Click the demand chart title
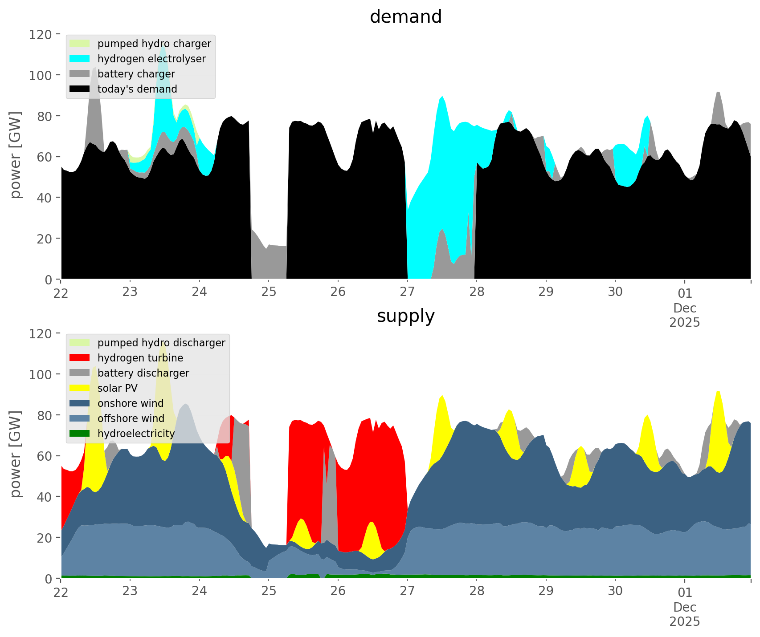[x=405, y=17]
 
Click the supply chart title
[x=405, y=316]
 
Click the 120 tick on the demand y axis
[x=41, y=34]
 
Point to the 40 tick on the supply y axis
[x=44, y=497]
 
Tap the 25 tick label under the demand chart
[x=269, y=292]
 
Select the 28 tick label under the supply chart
[x=477, y=592]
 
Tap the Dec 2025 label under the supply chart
[x=685, y=614]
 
